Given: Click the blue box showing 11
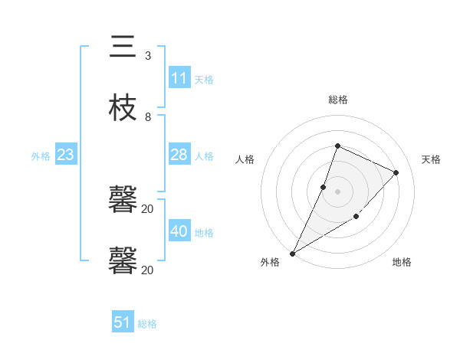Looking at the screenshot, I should [179, 78].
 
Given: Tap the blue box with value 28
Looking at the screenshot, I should [179, 155].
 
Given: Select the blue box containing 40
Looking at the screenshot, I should [179, 231].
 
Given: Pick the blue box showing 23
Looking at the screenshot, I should [66, 155].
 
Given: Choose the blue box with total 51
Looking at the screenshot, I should [123, 322].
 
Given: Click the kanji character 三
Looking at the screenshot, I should [123, 47].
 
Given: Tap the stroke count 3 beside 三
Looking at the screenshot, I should [147, 56].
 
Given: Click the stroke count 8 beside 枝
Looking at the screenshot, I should [147, 117].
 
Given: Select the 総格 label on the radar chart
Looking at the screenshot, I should [337, 100].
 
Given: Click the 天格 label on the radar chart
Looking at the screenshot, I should [431, 159].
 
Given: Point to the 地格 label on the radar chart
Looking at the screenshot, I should [402, 262].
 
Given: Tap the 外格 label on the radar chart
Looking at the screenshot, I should [270, 262].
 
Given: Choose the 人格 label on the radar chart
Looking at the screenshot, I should [245, 159].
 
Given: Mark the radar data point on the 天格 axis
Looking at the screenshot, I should [396, 172].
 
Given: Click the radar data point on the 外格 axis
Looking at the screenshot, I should [292, 253].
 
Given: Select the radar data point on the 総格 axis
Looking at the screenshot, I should [337, 146].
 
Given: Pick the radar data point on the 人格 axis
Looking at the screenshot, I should [324, 187].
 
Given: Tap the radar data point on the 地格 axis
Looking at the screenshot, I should [356, 217].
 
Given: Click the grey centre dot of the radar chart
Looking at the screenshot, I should [337, 191].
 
